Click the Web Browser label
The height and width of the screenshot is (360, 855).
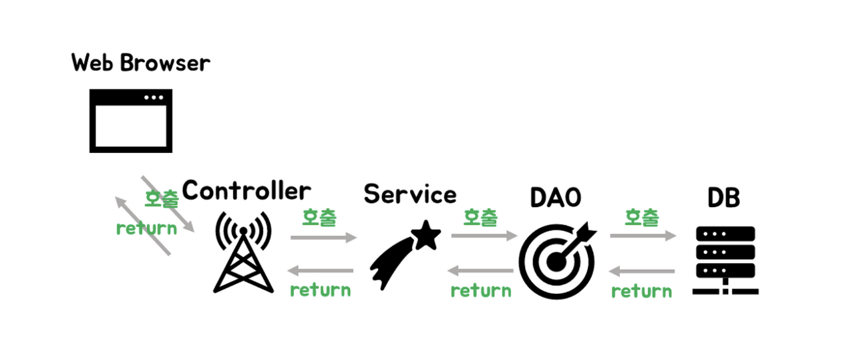[x=140, y=63]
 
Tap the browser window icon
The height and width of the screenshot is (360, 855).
[x=131, y=121]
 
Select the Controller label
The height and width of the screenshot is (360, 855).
[x=246, y=191]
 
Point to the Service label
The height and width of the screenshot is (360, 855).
[x=410, y=194]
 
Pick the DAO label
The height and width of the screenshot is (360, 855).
[x=555, y=198]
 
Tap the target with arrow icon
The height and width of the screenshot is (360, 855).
[x=558, y=259]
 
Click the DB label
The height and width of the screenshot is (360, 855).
[x=724, y=198]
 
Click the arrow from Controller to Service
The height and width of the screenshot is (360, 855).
[x=324, y=237]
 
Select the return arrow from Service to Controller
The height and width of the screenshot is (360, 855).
[x=321, y=271]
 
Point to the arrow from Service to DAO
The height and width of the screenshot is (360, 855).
[x=484, y=236]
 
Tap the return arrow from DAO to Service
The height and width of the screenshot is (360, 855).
[x=481, y=271]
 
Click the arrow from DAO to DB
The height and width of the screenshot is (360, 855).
[x=643, y=236]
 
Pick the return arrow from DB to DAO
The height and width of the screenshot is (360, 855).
[x=642, y=271]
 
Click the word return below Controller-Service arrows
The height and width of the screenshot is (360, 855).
[x=320, y=290]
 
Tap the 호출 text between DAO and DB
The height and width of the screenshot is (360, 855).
[x=642, y=217]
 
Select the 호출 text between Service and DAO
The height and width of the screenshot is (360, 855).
[x=481, y=217]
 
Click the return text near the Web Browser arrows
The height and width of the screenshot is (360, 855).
[x=146, y=228]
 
